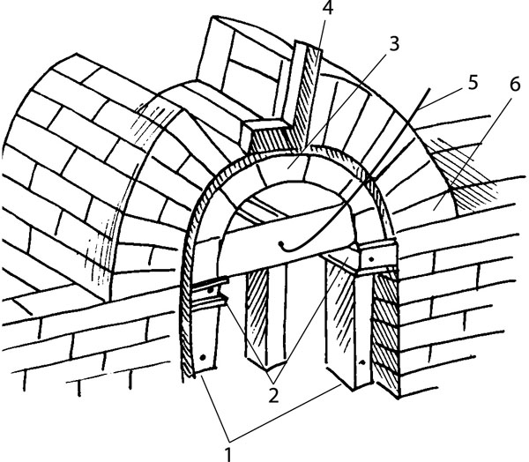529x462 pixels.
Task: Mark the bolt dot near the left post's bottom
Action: (x=205, y=361)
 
